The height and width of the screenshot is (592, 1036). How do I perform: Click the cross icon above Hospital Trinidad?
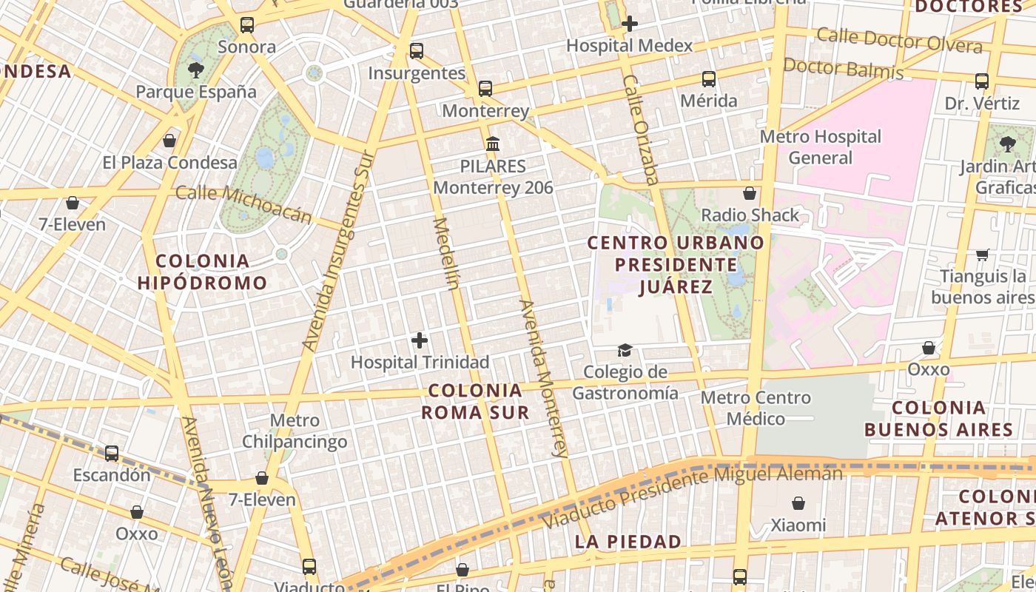(x=420, y=340)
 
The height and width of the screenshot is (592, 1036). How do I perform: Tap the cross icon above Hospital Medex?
(x=630, y=24)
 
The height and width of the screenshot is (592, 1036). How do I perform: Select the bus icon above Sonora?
(x=247, y=25)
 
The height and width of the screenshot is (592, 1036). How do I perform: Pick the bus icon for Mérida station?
(x=709, y=79)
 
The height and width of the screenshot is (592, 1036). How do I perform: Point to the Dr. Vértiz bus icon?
(x=982, y=81)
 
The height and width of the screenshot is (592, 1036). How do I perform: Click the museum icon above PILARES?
(x=493, y=144)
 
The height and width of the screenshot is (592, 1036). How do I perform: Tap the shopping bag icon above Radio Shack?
(x=750, y=194)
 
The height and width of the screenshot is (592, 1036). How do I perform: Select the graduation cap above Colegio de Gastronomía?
(x=625, y=350)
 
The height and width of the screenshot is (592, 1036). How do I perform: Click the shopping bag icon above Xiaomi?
(x=798, y=504)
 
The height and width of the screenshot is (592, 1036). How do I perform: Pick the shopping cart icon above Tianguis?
(x=983, y=255)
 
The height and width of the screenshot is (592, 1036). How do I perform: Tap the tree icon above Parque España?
(x=196, y=70)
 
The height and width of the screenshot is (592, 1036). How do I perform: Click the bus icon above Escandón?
(x=112, y=453)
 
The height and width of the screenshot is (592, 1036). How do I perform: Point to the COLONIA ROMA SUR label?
(x=475, y=401)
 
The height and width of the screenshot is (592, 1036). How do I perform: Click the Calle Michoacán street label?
(x=244, y=204)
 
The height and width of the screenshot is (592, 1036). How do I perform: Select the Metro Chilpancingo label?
(x=295, y=431)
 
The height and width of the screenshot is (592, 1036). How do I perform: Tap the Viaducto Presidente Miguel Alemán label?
(x=693, y=497)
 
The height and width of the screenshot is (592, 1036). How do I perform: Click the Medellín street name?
(x=447, y=253)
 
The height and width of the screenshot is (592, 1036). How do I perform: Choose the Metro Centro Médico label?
(x=756, y=408)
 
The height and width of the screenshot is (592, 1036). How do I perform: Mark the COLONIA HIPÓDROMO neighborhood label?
(x=202, y=272)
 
